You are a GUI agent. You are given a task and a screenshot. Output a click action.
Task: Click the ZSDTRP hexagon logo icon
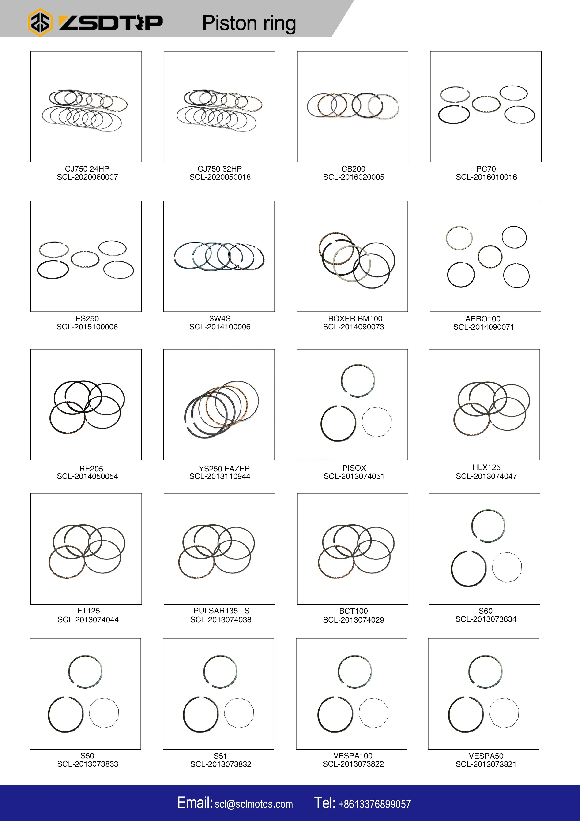coord(40,22)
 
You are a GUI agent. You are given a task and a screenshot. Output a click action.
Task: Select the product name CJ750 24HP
coord(87,169)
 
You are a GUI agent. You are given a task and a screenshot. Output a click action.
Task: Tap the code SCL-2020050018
coord(220,177)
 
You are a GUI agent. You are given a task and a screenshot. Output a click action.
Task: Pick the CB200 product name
coord(354,169)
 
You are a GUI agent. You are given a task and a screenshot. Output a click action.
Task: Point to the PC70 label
coord(486,169)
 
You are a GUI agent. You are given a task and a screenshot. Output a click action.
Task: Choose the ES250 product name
coord(87,318)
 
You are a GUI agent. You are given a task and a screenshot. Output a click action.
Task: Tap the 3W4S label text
coord(220,318)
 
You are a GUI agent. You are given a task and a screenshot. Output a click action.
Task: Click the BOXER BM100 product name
coord(355,318)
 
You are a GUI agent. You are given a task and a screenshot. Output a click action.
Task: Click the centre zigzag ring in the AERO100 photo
coord(490,256)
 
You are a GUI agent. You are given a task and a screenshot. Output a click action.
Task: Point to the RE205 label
coord(91,468)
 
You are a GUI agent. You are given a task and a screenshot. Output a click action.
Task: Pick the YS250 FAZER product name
coord(224,468)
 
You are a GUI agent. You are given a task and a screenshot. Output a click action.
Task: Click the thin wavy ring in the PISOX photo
coord(377,422)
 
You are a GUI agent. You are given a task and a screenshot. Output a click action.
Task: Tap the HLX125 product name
coord(486,467)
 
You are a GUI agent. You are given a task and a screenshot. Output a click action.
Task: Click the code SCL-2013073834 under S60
coord(486,619)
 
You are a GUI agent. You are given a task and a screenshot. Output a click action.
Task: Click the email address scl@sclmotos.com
coord(254,804)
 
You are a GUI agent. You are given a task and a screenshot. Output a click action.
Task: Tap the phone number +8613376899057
coord(374,804)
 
